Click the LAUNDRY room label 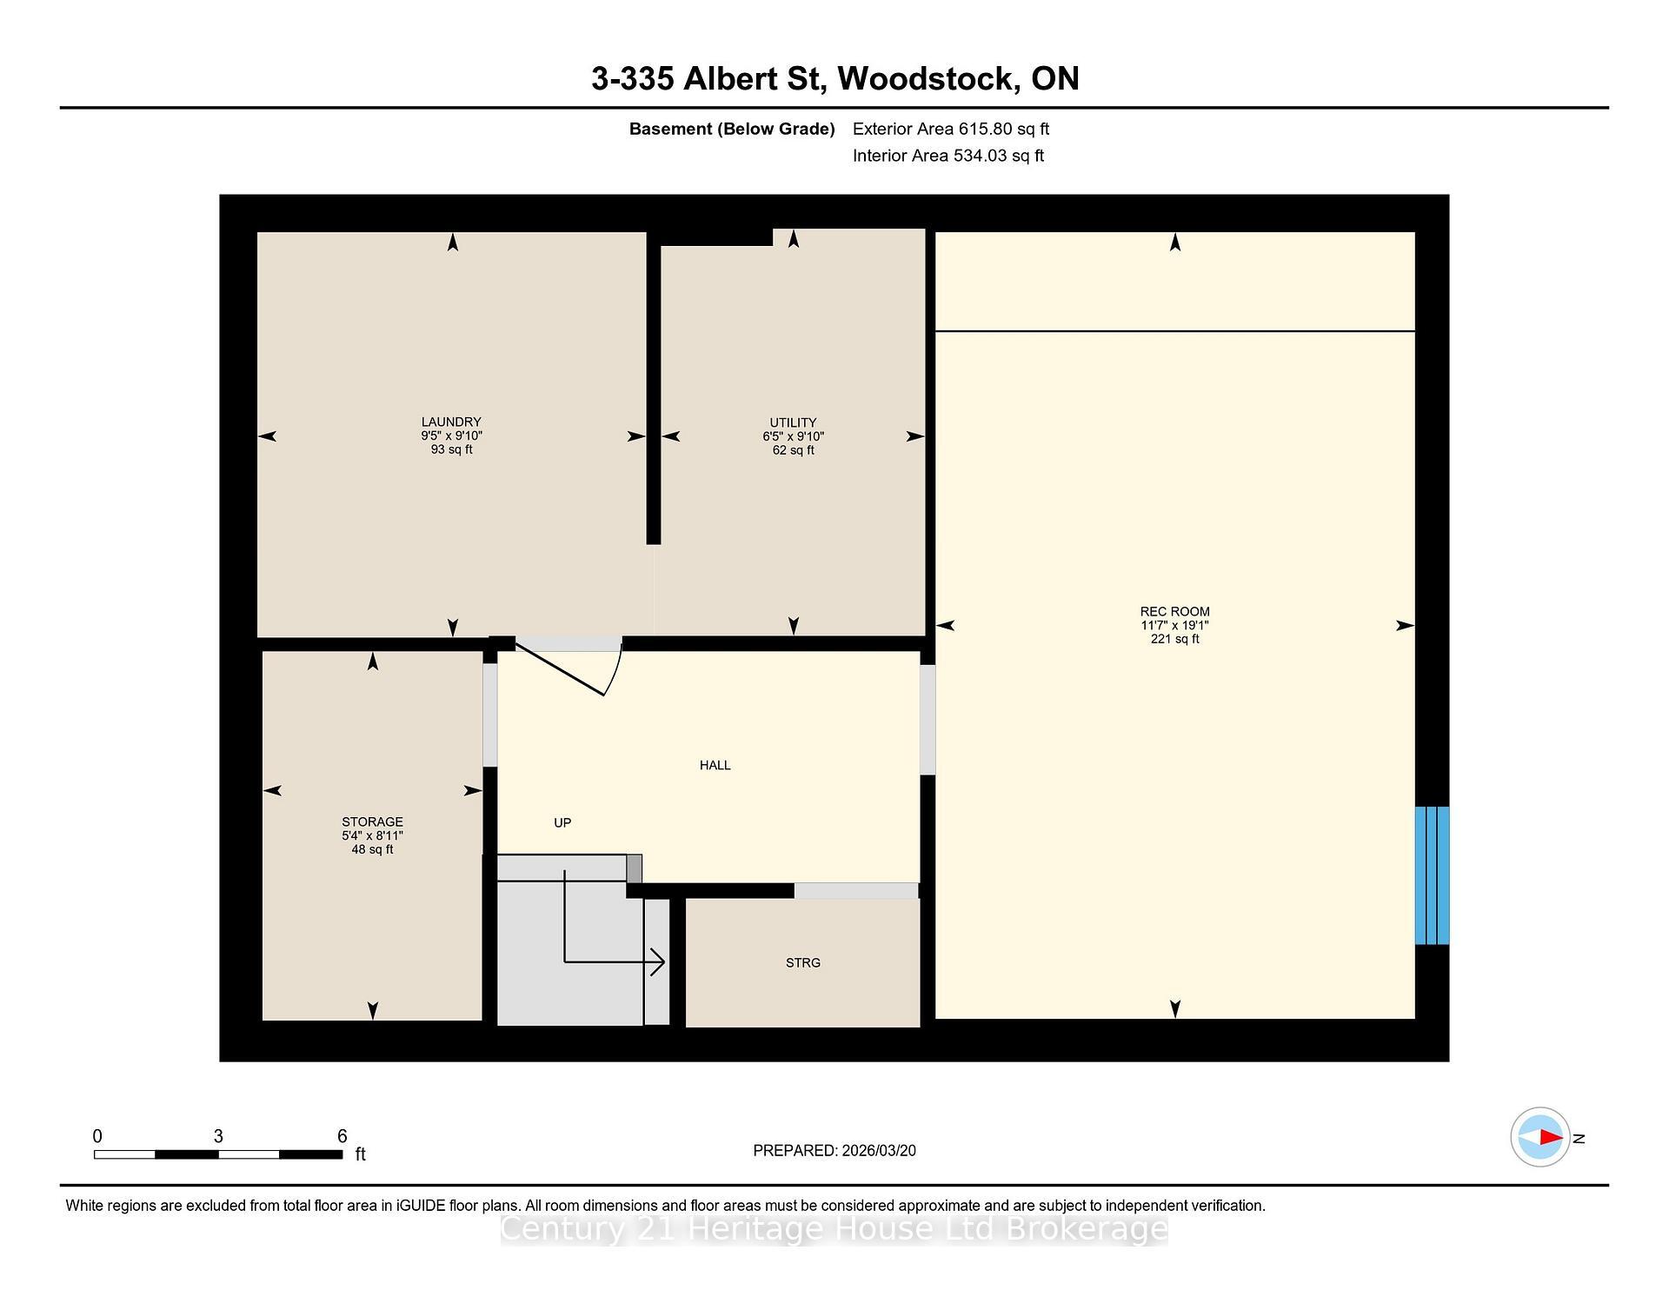(451, 422)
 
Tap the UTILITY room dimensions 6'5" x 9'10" (793, 436)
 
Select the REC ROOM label (1174, 611)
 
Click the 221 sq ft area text (1174, 639)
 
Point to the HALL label (715, 765)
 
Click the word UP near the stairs (562, 822)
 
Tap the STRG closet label (802, 962)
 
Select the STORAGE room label (372, 821)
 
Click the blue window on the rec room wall (1432, 875)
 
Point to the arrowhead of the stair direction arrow (659, 961)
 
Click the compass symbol (1539, 1137)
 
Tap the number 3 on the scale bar (218, 1136)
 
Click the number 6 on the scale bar (342, 1136)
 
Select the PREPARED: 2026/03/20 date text (834, 1150)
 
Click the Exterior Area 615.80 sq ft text (950, 129)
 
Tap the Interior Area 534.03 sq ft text (948, 156)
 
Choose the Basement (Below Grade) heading (731, 129)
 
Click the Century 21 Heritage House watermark (834, 1229)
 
